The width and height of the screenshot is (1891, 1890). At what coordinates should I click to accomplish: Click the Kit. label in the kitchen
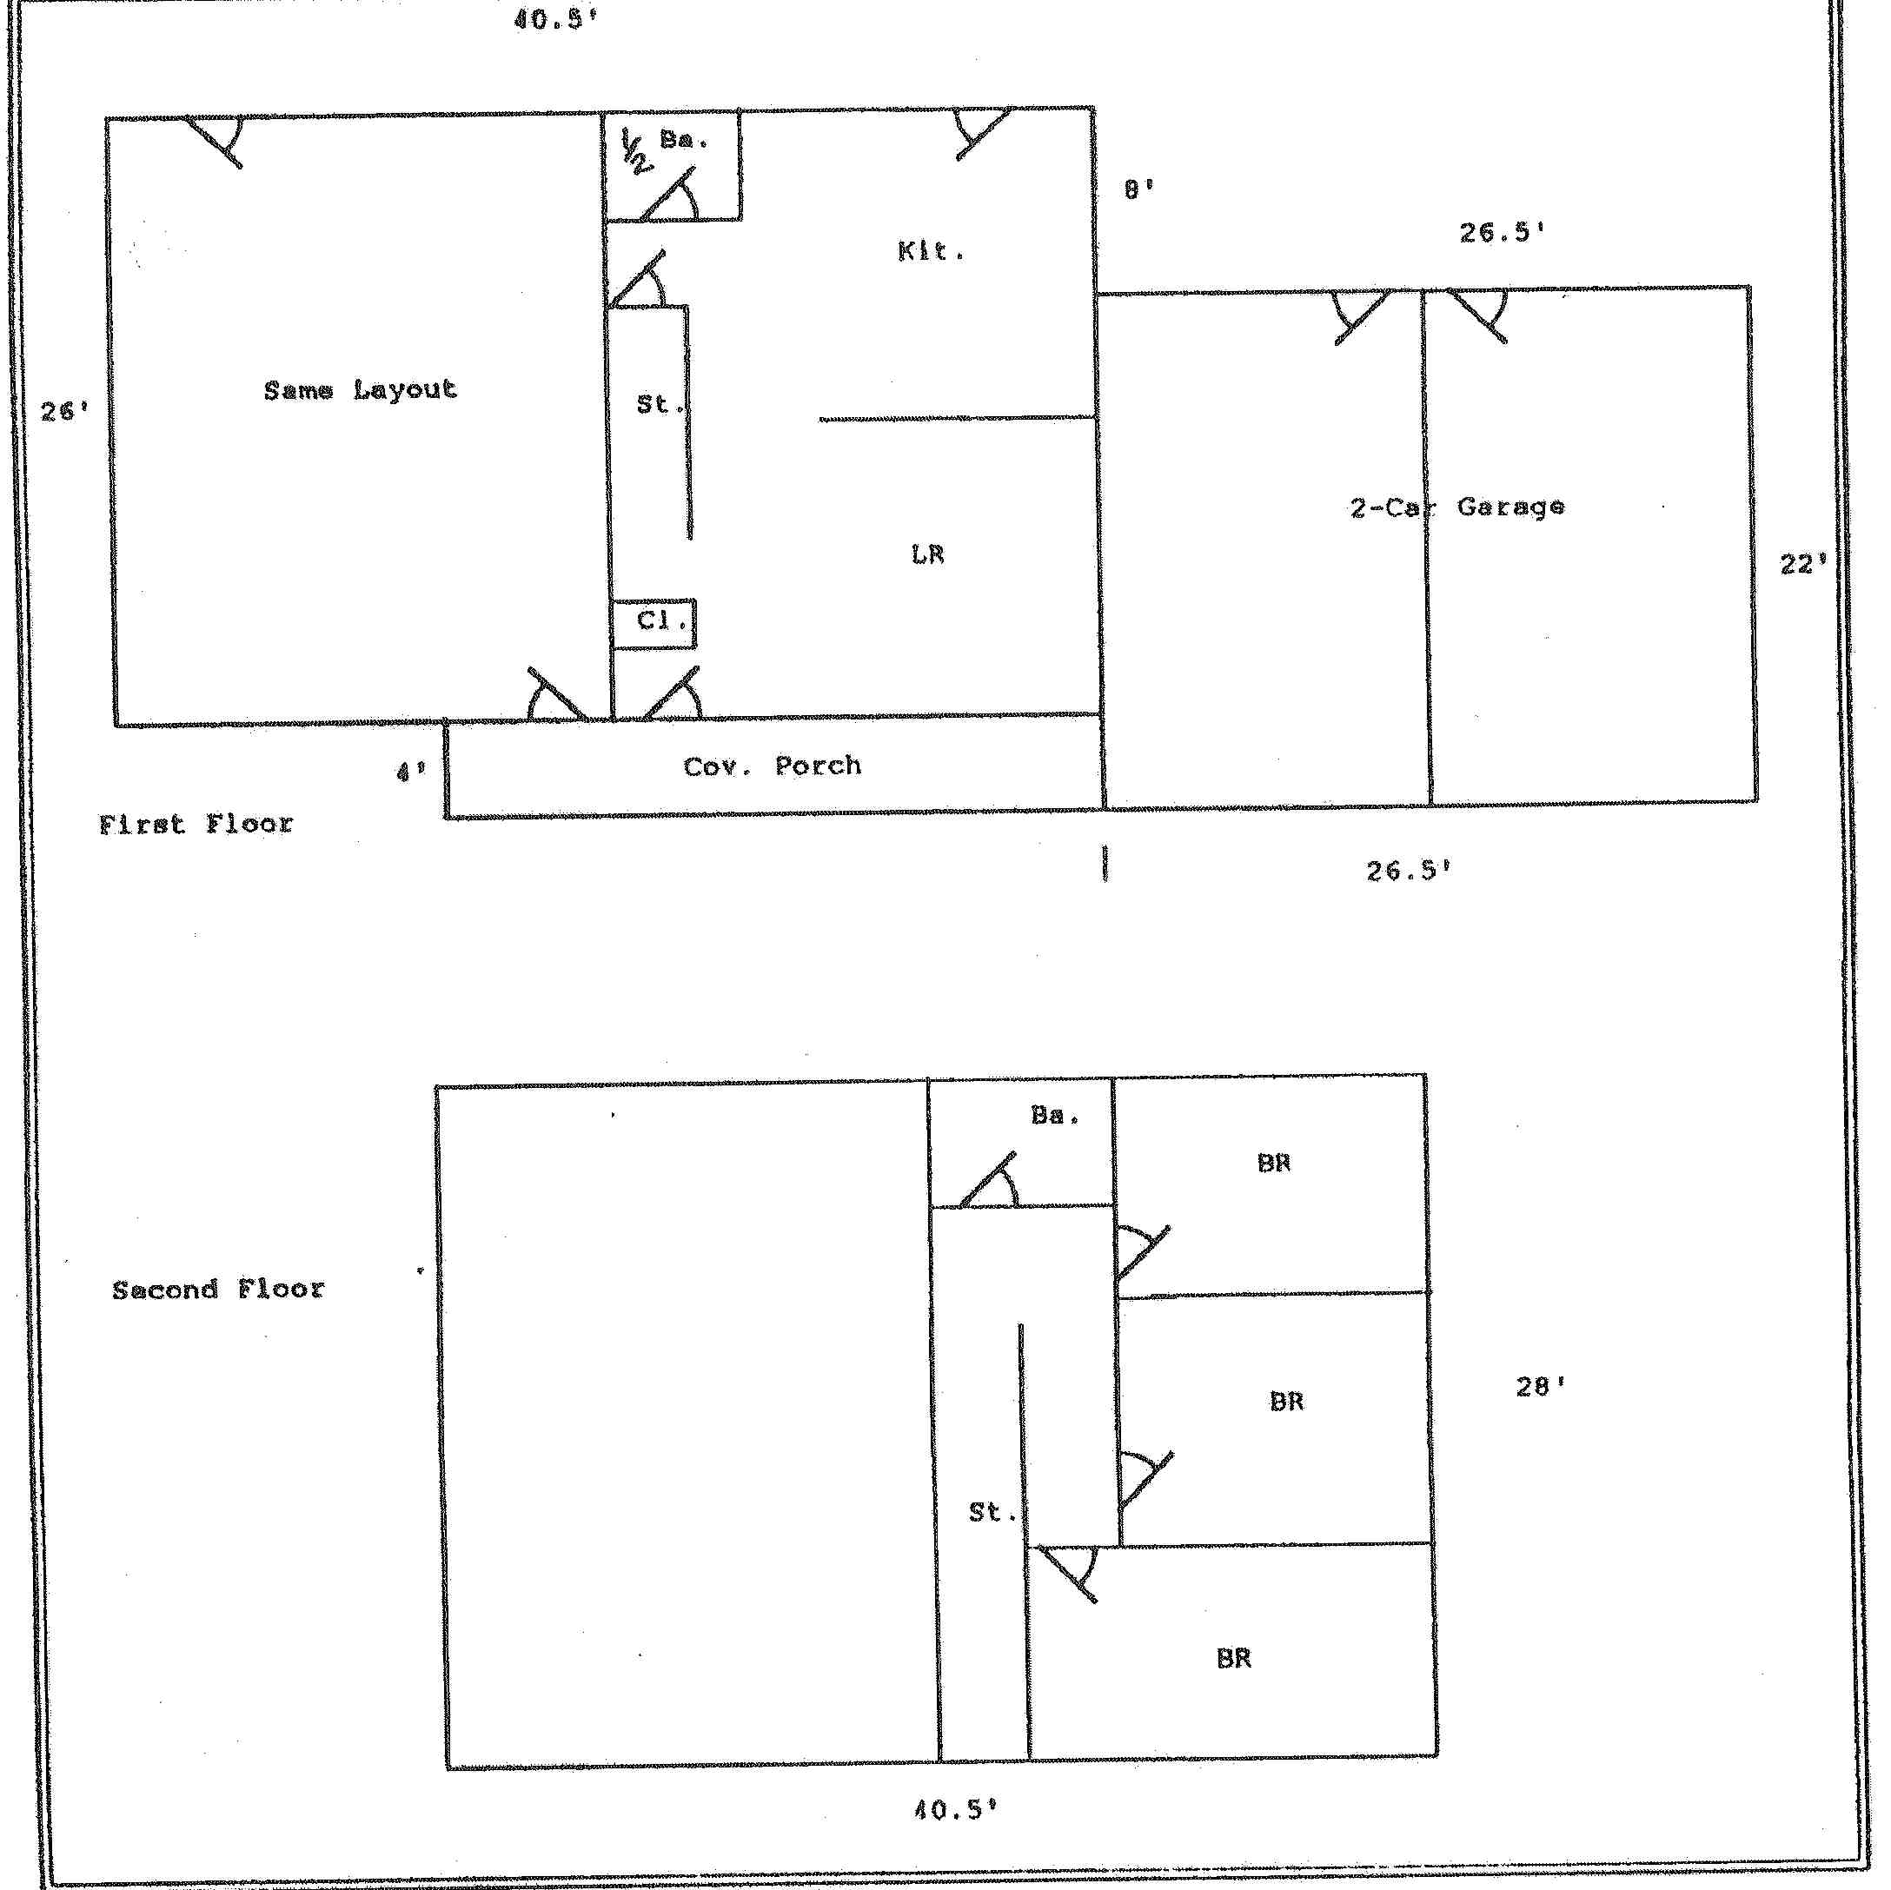coord(931,251)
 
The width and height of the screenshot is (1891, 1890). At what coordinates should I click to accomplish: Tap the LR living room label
coord(927,555)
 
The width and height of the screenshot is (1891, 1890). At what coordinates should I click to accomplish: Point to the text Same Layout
coord(360,389)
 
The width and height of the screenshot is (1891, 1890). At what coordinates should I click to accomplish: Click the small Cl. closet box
coord(653,623)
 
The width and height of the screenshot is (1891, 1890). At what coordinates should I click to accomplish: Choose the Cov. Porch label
coord(773,766)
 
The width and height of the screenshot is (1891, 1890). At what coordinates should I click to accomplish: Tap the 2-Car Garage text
coord(1457,507)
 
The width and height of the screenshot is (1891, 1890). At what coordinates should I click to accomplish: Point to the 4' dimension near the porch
coord(411,773)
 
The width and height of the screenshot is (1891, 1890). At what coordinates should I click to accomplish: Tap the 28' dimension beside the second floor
coord(1541,1386)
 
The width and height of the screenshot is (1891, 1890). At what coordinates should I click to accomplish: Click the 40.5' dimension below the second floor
coord(955,1810)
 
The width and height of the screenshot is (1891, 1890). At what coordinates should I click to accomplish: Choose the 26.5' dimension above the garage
coord(1503,232)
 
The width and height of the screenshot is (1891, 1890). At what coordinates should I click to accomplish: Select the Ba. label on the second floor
coord(1055,1115)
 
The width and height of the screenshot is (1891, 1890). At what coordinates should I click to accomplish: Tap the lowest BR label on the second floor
coord(1233,1658)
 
